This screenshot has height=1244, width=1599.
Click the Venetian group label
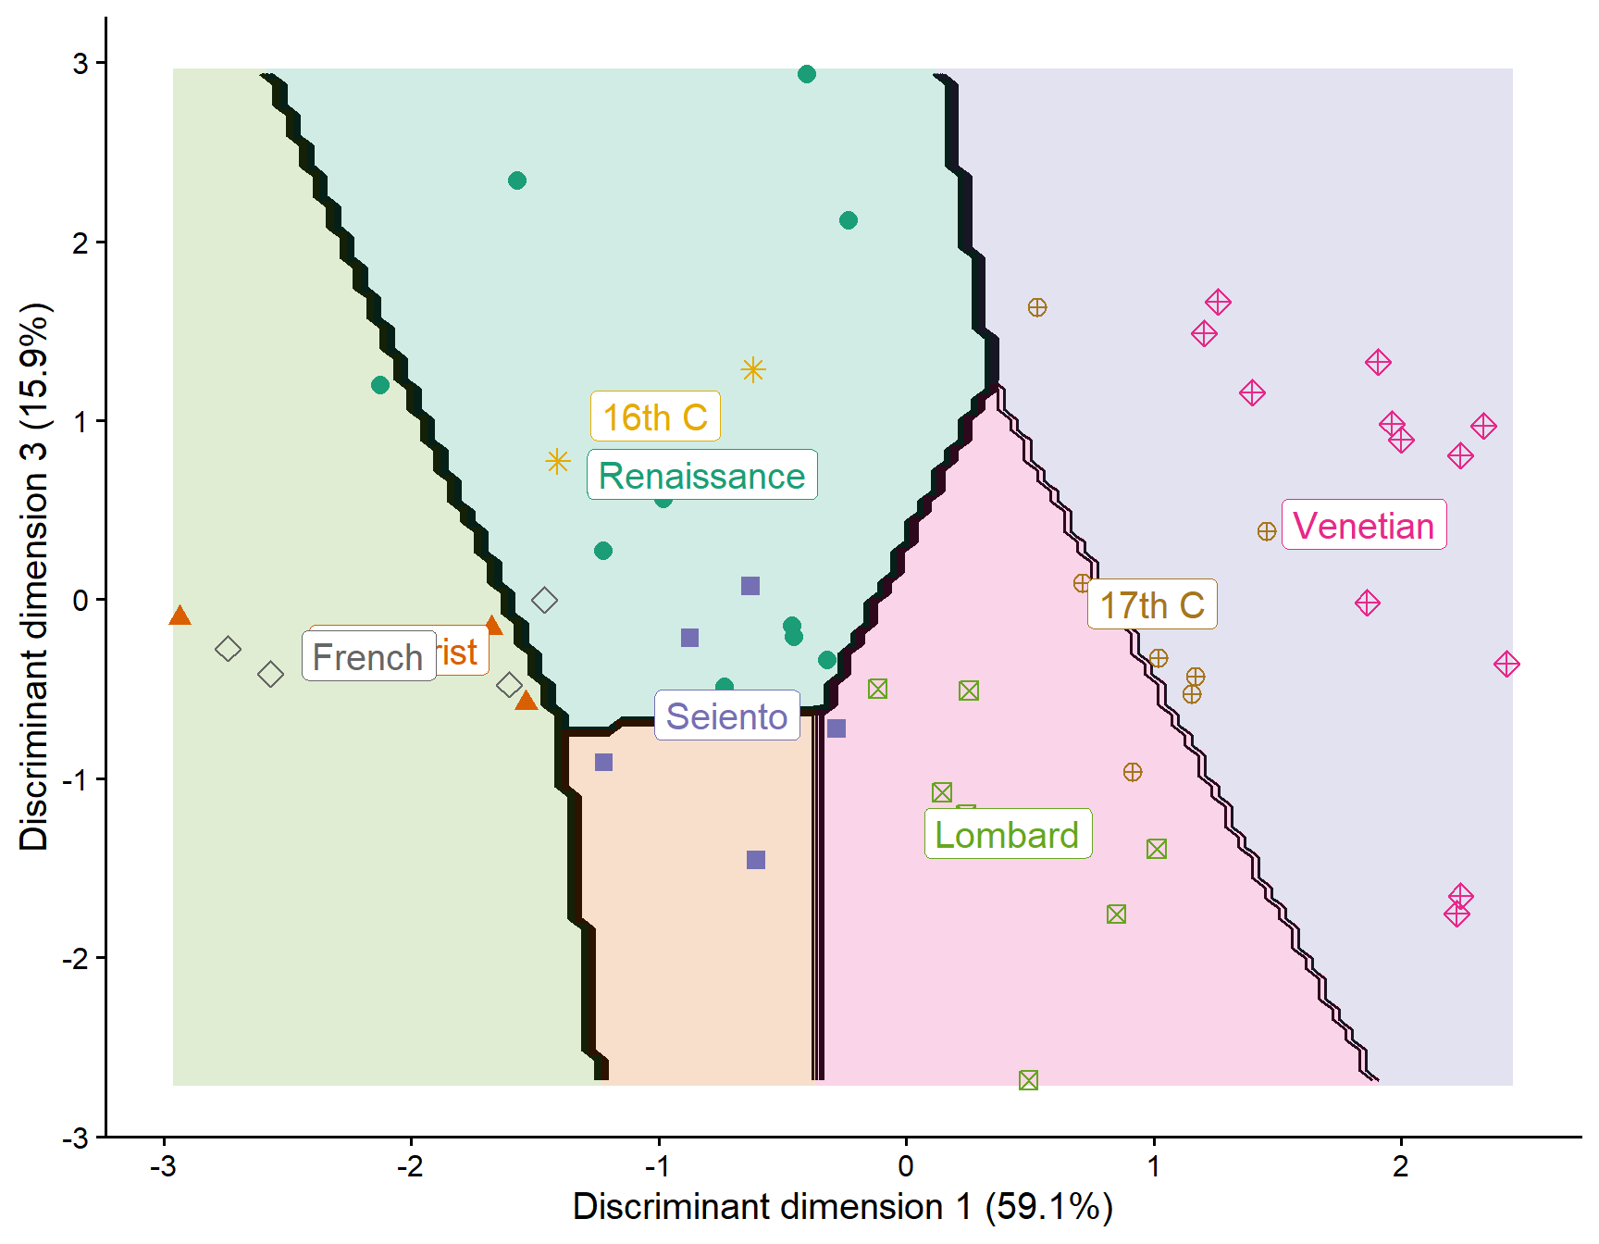[1363, 526]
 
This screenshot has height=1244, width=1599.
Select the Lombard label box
[1008, 834]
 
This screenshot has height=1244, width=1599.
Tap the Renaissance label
[701, 475]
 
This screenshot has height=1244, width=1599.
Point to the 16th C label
[655, 417]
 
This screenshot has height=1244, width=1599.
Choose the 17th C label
[1151, 604]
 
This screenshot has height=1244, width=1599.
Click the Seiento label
[726, 715]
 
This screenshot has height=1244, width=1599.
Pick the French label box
[368, 656]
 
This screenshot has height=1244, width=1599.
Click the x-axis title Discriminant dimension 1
[842, 1206]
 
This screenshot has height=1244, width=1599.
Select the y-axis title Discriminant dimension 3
[34, 576]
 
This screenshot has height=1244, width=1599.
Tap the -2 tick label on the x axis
[410, 1166]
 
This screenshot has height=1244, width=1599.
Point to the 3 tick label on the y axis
[81, 64]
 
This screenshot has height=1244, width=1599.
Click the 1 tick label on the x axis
[1154, 1166]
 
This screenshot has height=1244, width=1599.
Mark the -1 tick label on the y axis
[76, 779]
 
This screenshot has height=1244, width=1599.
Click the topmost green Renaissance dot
[807, 74]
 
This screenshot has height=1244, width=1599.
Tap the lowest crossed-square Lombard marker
[1028, 1080]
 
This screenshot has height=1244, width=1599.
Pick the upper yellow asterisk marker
[753, 370]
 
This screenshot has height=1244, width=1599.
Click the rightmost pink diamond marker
[1506, 664]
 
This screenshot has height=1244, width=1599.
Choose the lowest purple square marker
[756, 860]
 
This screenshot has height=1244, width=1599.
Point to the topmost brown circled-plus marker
[1037, 307]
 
